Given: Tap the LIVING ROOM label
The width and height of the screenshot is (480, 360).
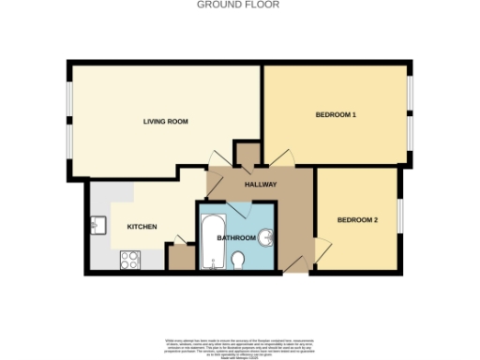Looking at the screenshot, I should (166, 121).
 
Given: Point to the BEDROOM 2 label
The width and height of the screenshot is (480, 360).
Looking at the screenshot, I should (357, 220).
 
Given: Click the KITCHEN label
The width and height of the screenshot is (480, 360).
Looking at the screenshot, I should (142, 228).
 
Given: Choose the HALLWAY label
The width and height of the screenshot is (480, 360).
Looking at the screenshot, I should (261, 184).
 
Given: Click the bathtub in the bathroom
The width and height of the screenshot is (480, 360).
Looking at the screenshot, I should (211, 240).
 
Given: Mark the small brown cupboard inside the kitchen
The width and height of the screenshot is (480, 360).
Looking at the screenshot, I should (179, 259).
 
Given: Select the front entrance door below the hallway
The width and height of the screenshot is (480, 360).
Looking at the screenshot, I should (296, 264).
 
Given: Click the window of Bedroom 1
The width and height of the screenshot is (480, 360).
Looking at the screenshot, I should (409, 114).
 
